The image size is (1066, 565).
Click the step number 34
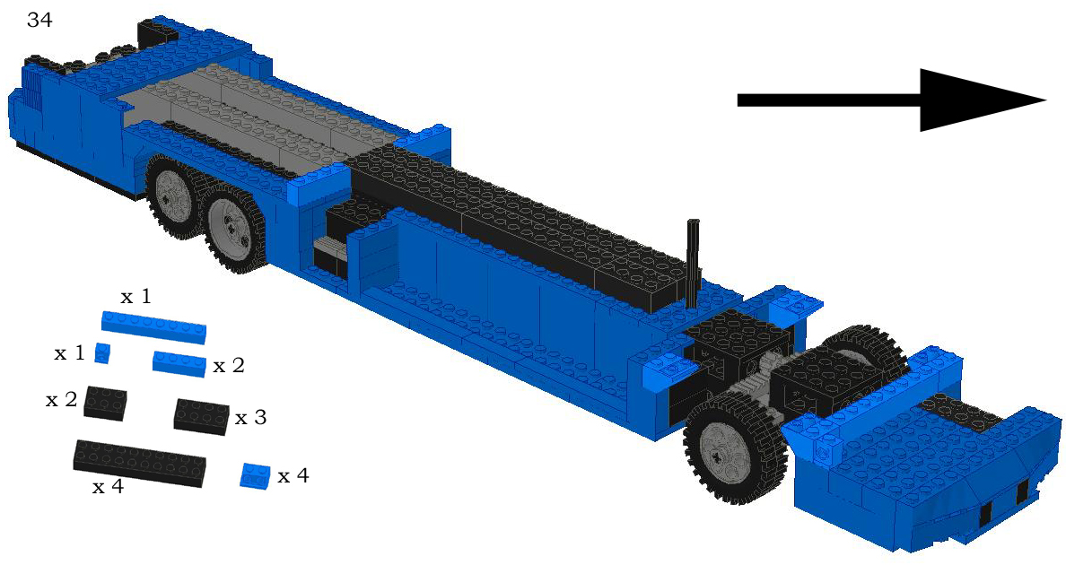tap(39, 21)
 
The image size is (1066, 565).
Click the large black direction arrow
tap(891, 100)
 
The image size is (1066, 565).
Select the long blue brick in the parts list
tap(153, 327)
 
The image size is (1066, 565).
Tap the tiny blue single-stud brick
tap(102, 353)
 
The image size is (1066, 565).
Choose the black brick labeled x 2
tap(105, 404)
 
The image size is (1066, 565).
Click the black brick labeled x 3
tap(201, 416)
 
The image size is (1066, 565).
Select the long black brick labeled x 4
tap(139, 463)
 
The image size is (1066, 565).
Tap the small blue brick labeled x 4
tap(255, 474)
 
